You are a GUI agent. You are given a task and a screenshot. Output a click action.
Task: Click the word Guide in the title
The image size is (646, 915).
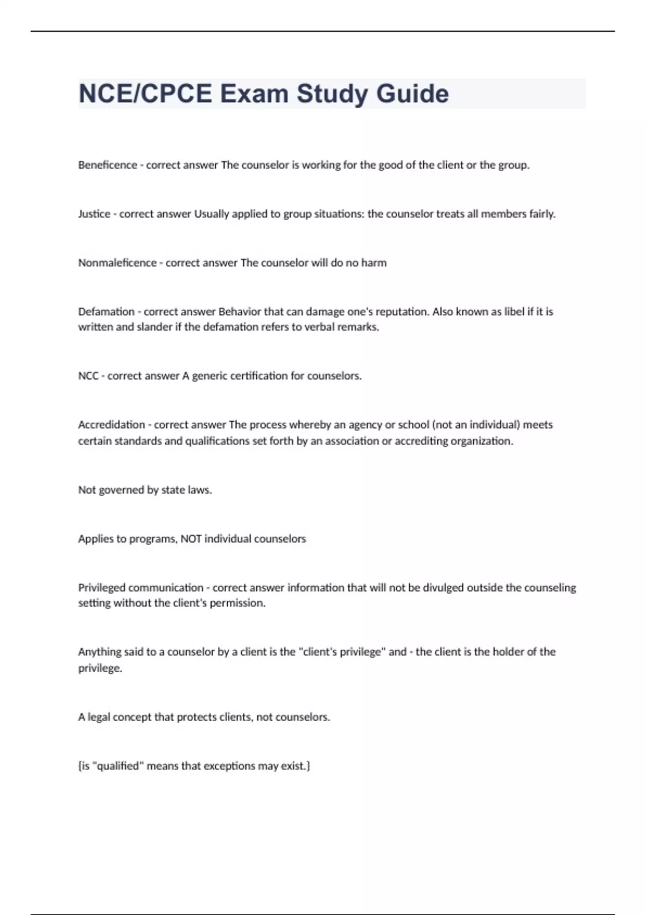412,94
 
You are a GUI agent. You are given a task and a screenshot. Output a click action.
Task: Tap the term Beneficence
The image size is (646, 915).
108,165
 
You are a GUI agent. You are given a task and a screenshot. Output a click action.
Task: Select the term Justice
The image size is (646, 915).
94,214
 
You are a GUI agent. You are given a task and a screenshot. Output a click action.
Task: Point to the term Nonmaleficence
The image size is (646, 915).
117,263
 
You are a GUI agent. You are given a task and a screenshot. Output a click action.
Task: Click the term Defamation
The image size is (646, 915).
106,312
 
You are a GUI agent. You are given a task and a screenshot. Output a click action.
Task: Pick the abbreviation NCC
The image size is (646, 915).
88,376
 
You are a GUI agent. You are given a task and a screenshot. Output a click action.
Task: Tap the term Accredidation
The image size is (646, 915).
111,425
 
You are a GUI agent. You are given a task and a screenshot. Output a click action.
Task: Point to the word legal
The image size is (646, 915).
99,717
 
